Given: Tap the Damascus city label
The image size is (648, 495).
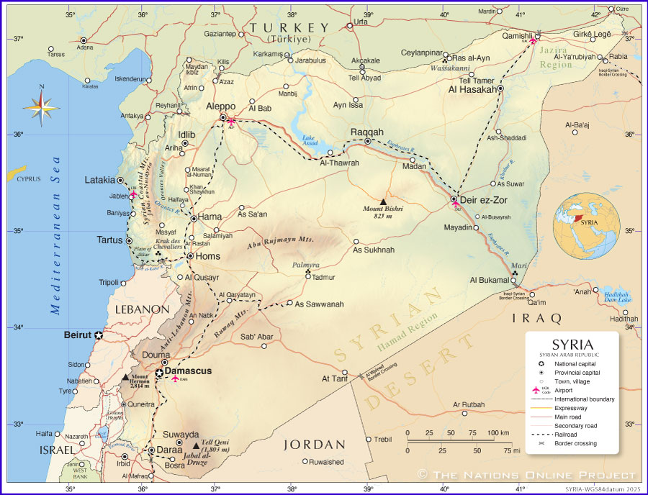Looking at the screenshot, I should point(188,371).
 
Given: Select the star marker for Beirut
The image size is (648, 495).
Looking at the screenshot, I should point(99,335).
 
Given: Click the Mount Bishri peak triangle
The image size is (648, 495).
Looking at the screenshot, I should point(383,201).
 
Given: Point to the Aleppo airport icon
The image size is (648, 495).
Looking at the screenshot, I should point(231,122).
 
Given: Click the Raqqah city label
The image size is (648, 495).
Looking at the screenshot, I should point(366,132).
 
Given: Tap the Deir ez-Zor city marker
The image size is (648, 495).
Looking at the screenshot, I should point(454,199).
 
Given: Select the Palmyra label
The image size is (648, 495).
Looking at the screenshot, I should point(305,265).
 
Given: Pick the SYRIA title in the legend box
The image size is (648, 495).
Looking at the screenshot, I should point(572,345).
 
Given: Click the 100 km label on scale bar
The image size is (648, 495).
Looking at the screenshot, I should point(498,432).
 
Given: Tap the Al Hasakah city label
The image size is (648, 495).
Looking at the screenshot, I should point(472,90).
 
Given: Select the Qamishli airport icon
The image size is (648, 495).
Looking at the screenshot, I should point(533,40).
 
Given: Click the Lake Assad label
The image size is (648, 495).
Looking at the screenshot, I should point(309,140).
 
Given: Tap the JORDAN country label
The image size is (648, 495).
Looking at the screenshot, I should point(315,445).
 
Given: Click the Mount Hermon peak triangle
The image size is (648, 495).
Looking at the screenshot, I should point(125,376).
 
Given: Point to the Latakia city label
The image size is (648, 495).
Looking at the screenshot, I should point(100,180).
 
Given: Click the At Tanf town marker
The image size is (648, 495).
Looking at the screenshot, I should point(345,373).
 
